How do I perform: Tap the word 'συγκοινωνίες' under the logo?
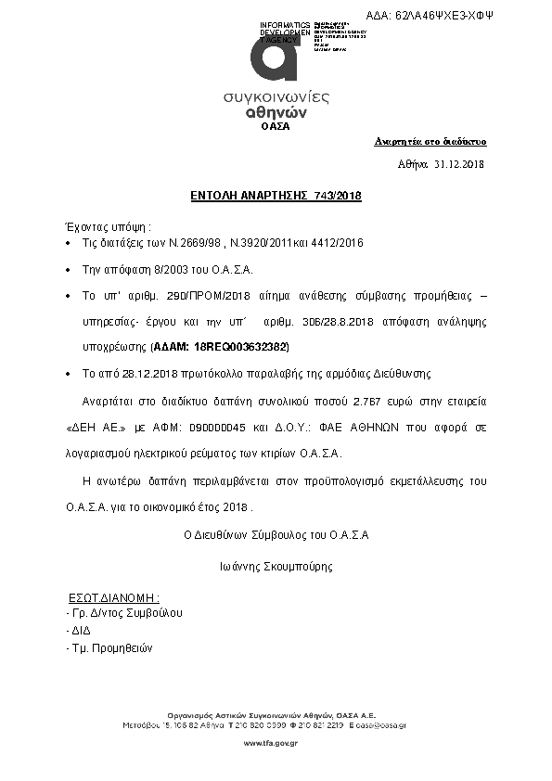(276, 97)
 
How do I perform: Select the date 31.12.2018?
(459, 164)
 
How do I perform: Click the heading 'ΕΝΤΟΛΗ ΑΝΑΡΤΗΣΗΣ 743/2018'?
(276, 196)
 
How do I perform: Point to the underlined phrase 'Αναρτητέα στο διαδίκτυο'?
(430, 142)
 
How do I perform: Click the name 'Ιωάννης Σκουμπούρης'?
(276, 566)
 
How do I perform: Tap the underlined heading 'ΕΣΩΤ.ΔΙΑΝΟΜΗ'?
(115, 597)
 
